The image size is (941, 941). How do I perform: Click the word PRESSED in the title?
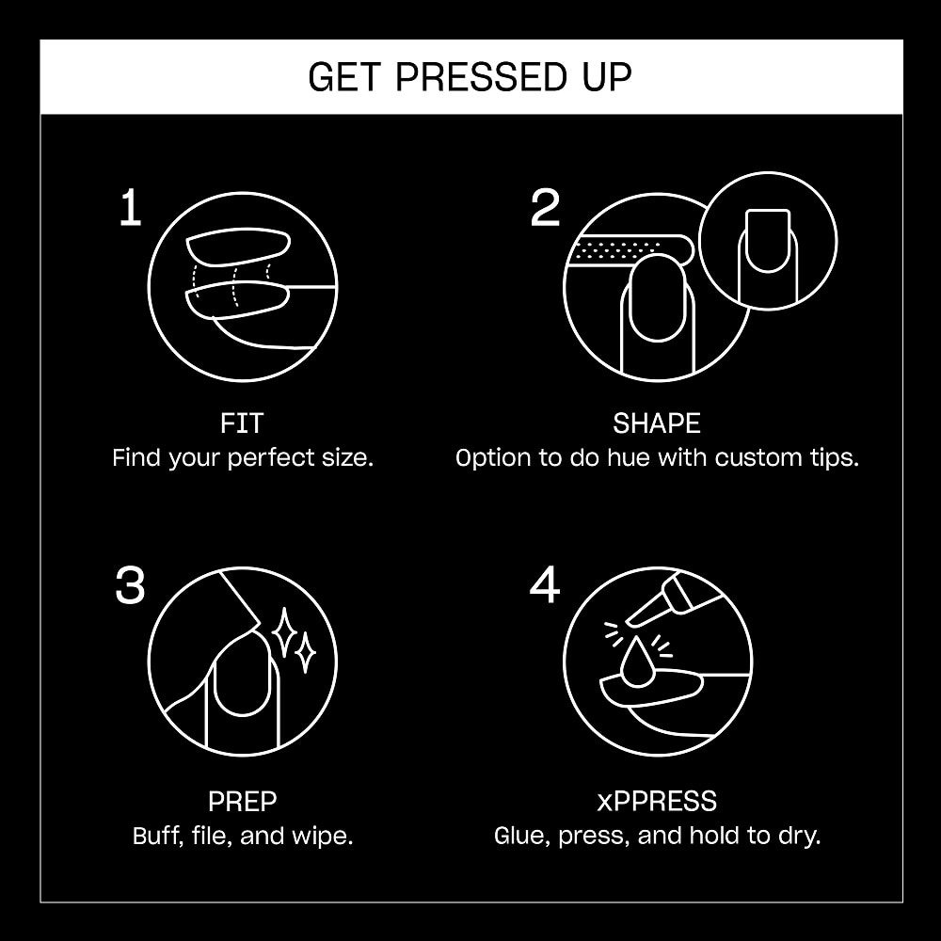(x=481, y=77)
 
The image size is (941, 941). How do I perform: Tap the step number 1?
(x=131, y=207)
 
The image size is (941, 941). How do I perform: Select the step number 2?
(x=545, y=207)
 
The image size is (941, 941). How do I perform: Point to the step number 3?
(x=130, y=585)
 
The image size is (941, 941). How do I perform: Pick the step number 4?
(x=545, y=585)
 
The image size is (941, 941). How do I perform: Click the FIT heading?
(x=242, y=423)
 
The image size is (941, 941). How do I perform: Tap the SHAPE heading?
(x=657, y=423)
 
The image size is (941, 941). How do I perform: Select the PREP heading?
(x=242, y=801)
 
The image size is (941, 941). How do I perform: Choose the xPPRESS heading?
(x=657, y=801)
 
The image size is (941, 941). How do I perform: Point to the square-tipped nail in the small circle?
(x=768, y=240)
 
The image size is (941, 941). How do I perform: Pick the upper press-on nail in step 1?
(x=238, y=246)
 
